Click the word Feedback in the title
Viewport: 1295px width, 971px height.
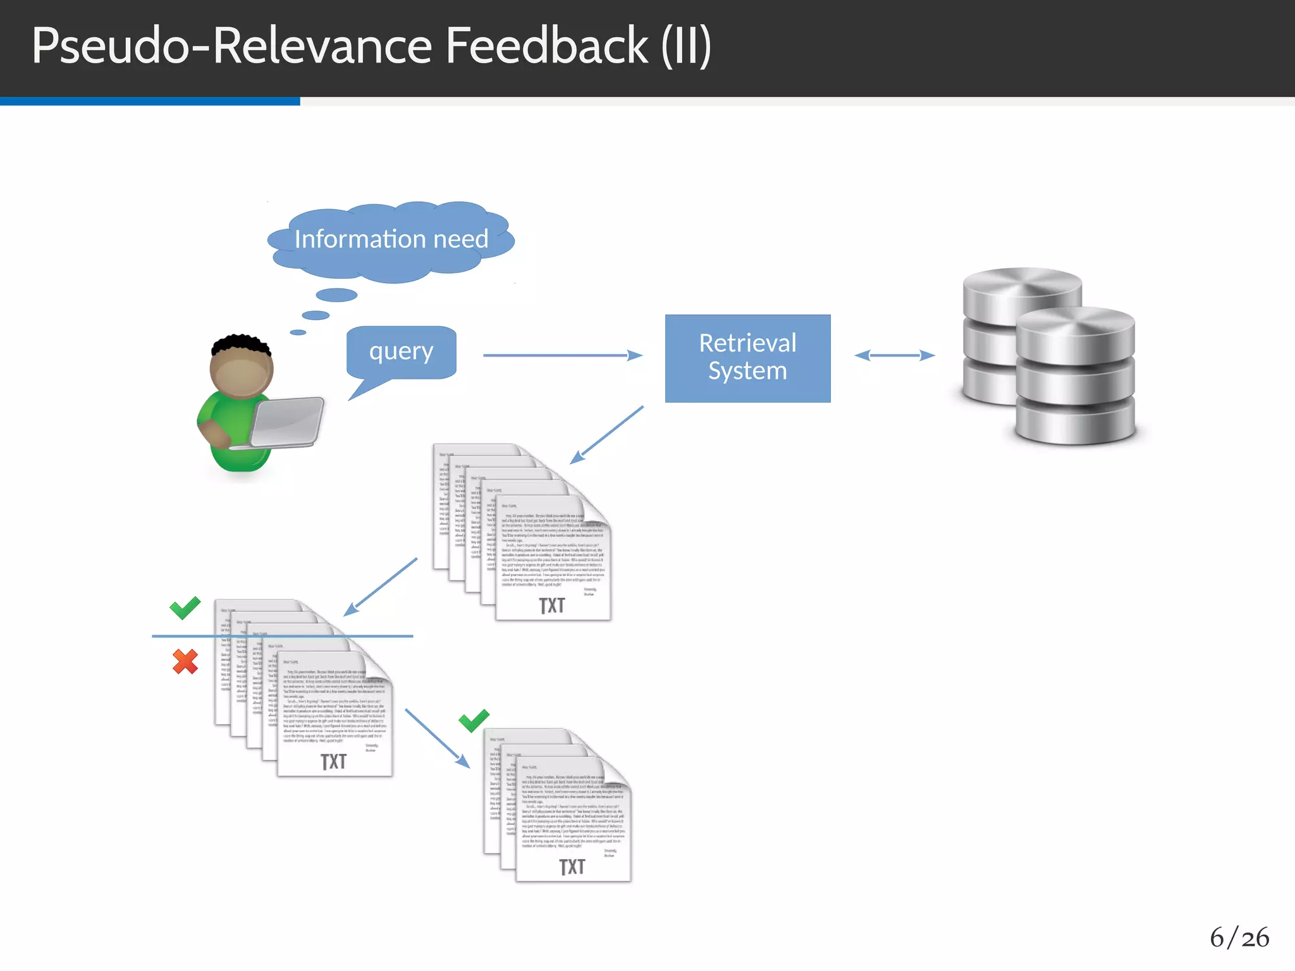546,46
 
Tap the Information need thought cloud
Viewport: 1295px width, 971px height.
391,240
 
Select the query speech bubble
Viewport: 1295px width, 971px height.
401,351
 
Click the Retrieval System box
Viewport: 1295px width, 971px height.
747,358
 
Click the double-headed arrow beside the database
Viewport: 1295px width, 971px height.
894,355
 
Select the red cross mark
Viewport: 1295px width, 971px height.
185,662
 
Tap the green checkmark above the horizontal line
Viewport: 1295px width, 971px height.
185,608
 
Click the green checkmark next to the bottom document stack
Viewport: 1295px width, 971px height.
474,720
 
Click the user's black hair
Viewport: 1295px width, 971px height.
240,344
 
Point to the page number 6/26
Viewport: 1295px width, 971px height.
1239,937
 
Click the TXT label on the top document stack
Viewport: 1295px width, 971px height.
551,606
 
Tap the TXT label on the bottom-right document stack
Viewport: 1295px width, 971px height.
572,867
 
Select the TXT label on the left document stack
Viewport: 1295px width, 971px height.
333,762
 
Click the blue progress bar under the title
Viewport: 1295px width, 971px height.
150,101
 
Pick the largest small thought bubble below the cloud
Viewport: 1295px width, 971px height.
336,295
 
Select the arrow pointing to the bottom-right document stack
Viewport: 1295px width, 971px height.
437,738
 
